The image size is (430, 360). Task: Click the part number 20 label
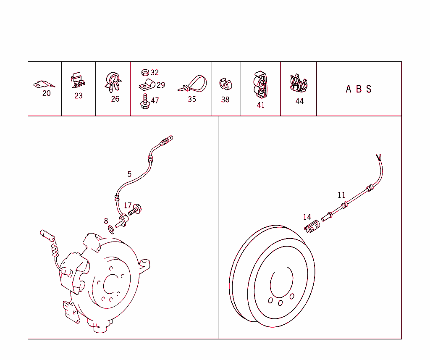[x=46, y=93]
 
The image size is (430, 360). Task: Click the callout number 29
[x=160, y=85]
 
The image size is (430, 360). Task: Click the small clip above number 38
[x=225, y=84]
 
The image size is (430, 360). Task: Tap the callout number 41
[x=261, y=105]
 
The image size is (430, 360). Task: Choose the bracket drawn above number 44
[x=299, y=84]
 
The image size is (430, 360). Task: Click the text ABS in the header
[x=359, y=89]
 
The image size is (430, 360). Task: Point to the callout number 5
[x=129, y=174]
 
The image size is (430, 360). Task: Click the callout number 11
[x=341, y=195]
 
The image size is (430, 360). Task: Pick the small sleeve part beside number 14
[x=312, y=229]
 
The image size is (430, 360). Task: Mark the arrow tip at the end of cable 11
[x=379, y=157]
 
